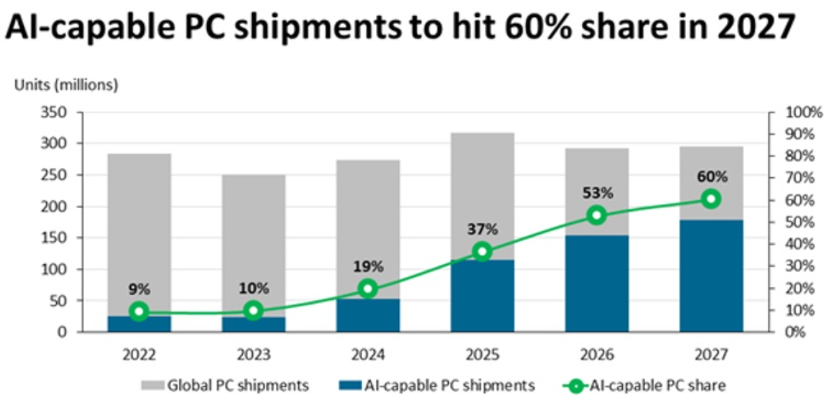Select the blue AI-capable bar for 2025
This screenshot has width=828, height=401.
click(x=482, y=296)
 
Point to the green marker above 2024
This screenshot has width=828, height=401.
click(x=367, y=289)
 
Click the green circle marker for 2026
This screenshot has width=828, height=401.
click(x=597, y=216)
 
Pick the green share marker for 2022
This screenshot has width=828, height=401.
click(x=138, y=311)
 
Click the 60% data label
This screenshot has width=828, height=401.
click(x=711, y=176)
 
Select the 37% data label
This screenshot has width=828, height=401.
click(x=482, y=229)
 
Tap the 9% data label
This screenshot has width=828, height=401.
click(x=138, y=289)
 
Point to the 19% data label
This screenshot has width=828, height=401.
click(x=367, y=266)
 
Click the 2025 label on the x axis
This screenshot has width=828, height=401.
click(x=482, y=355)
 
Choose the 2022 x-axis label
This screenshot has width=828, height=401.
click(x=138, y=355)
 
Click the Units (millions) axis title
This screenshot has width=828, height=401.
click(x=66, y=85)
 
